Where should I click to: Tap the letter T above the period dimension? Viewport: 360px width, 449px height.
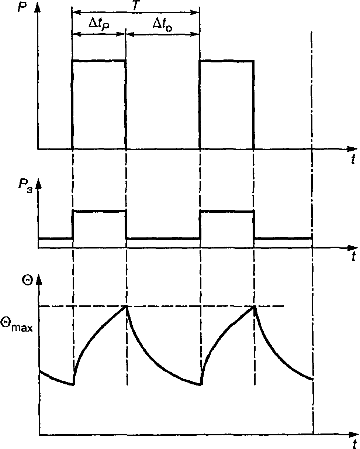tap(136, 5)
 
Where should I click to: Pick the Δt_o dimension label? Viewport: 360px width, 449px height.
tap(163, 25)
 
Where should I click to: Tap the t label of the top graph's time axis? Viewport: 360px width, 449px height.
tap(353, 160)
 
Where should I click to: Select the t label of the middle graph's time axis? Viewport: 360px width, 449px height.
tap(353, 256)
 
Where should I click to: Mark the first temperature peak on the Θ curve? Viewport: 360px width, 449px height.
tap(127, 306)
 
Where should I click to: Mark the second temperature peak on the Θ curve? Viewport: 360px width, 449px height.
tap(254, 306)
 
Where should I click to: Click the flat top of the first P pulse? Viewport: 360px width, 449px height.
tap(99, 60)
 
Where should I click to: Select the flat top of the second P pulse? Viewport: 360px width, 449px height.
tap(226, 61)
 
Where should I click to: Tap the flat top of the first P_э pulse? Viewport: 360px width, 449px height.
tap(100, 211)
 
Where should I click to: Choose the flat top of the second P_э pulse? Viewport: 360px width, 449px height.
tap(227, 211)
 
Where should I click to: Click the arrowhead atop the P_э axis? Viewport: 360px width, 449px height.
tap(38, 185)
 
